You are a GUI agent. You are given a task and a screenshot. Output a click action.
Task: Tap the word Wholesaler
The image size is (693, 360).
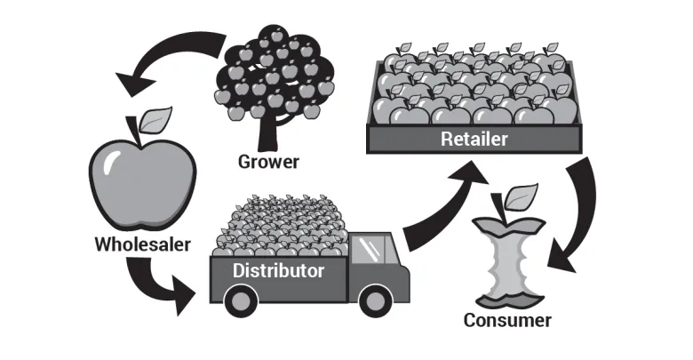tap(141, 242)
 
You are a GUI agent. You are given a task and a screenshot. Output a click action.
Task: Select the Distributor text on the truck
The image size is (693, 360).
tap(277, 269)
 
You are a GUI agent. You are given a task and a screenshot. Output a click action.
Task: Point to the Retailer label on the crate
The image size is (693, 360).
tap(474, 140)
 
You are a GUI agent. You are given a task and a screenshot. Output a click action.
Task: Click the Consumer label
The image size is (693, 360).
tap(507, 320)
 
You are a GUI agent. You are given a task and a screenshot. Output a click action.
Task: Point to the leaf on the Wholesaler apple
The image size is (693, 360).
tap(158, 118)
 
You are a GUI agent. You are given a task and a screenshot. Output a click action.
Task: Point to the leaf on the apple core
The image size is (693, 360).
tap(522, 193)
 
